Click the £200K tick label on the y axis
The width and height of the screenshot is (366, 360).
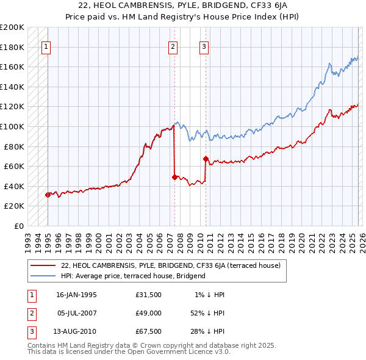pos(12,27)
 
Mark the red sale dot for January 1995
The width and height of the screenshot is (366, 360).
pos(48,195)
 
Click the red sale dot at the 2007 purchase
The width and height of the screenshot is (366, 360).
pos(174,177)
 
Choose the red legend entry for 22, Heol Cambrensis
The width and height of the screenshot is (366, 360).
pos(170,265)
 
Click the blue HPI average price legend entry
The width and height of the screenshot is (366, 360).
pos(133,276)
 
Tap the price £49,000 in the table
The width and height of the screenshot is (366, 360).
pos(149,314)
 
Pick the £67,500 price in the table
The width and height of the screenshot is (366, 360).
pos(149,333)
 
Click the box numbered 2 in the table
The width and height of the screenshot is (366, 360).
pos(31,314)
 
